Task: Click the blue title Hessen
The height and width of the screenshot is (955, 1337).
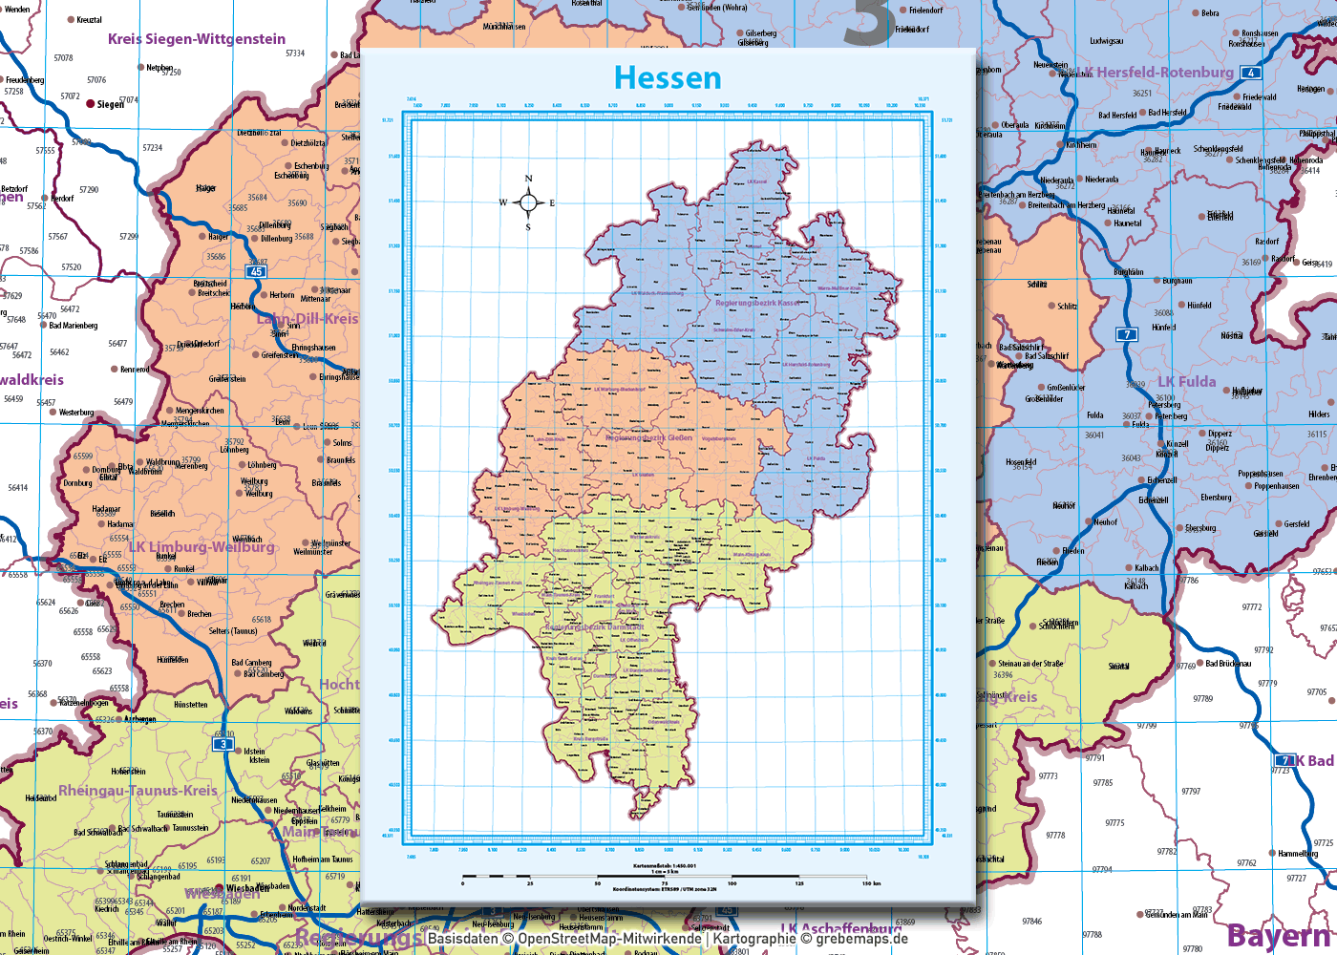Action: coord(668,77)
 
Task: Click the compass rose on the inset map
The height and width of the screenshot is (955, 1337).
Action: coord(528,202)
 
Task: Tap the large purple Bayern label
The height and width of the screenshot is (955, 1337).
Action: coord(1280,936)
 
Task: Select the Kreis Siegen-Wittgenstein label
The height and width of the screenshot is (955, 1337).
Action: coord(197,39)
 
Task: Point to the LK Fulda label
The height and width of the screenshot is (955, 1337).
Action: coord(1187,382)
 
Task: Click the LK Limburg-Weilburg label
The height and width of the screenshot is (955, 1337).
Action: coord(202,547)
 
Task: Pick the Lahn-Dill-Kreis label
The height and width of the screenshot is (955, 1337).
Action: coord(308,318)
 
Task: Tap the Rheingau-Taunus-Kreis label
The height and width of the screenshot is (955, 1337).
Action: coord(138,791)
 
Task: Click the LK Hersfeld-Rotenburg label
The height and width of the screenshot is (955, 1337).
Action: coord(1156,73)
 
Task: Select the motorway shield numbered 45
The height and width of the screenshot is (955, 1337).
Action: coord(256,272)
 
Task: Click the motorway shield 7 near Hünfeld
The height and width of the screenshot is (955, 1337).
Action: coord(1128,334)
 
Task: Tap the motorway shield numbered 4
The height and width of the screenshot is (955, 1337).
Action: coord(1250,73)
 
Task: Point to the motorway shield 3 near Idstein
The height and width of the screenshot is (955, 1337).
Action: coord(223,744)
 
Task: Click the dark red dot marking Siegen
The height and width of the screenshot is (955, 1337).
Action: coord(91,103)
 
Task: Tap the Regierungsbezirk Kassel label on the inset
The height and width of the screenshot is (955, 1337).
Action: coord(757,303)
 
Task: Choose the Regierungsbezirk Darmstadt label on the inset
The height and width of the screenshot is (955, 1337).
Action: coord(594,627)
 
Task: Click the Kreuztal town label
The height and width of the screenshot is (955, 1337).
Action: coord(89,20)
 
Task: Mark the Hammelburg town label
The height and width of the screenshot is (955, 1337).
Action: coord(1298,854)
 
